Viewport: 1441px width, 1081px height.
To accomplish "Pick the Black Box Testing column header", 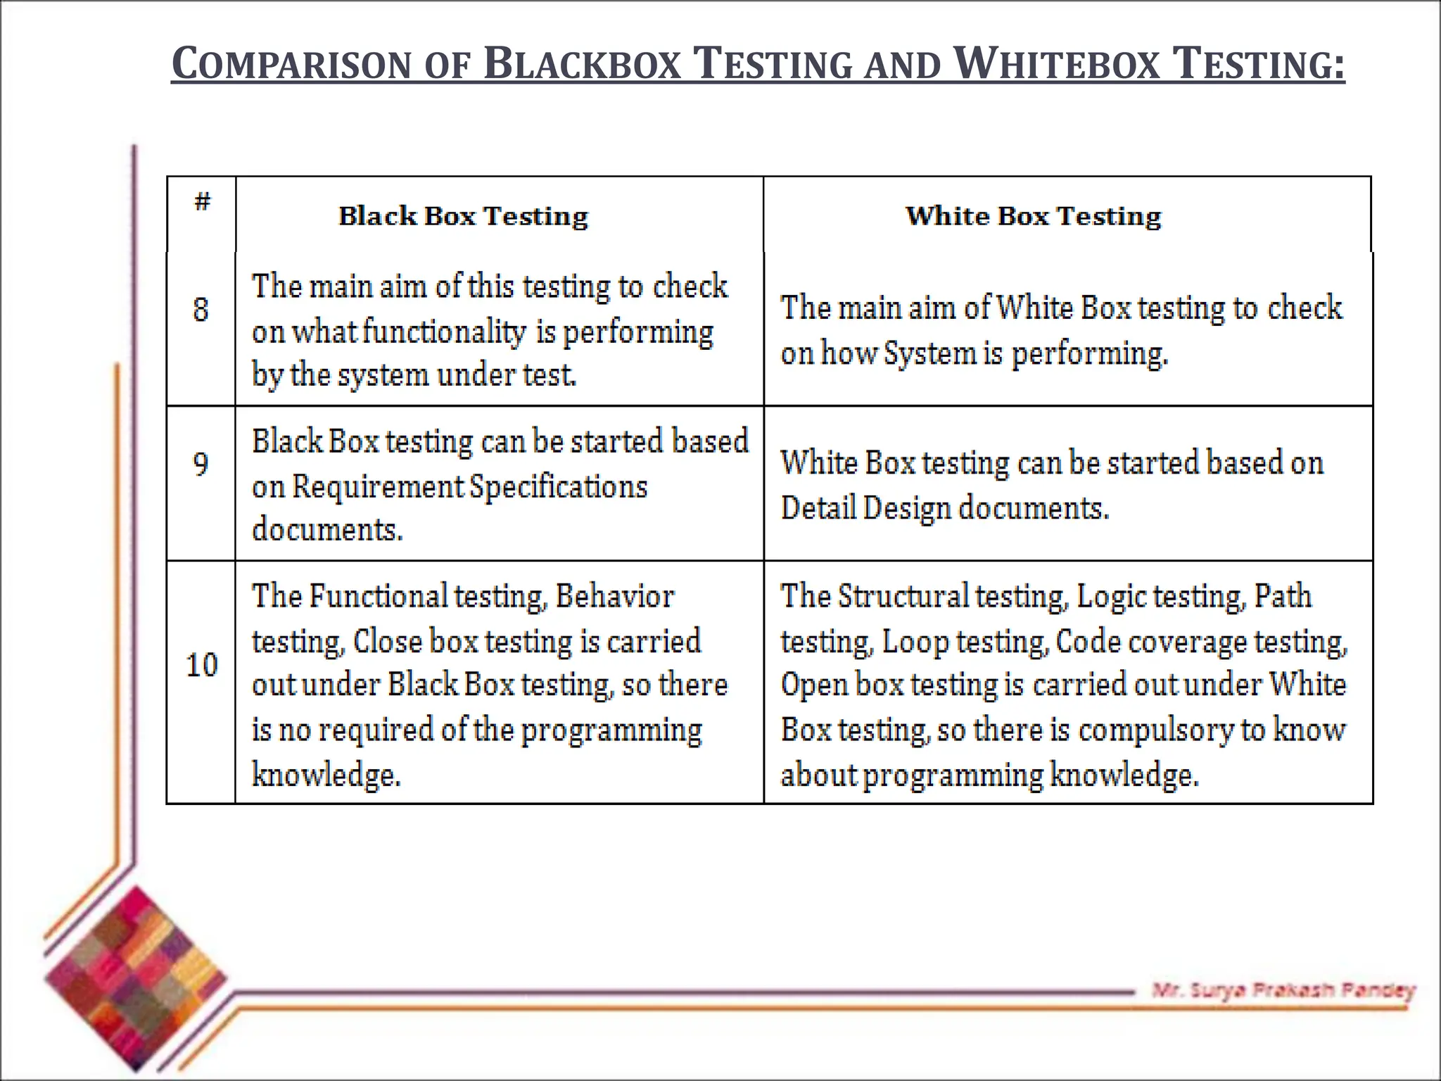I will (463, 216).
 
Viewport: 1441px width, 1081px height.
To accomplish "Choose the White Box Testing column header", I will (1033, 216).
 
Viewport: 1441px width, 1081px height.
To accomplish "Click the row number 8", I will (201, 310).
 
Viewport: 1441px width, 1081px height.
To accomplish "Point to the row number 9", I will (201, 464).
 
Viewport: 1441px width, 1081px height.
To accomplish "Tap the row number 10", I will (202, 665).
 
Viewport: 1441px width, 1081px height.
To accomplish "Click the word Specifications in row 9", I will (558, 487).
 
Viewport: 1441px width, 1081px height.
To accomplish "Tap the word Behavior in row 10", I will (615, 597).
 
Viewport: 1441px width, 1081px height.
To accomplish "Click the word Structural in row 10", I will (903, 597).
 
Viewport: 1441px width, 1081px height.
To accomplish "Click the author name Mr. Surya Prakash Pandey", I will (1283, 990).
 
